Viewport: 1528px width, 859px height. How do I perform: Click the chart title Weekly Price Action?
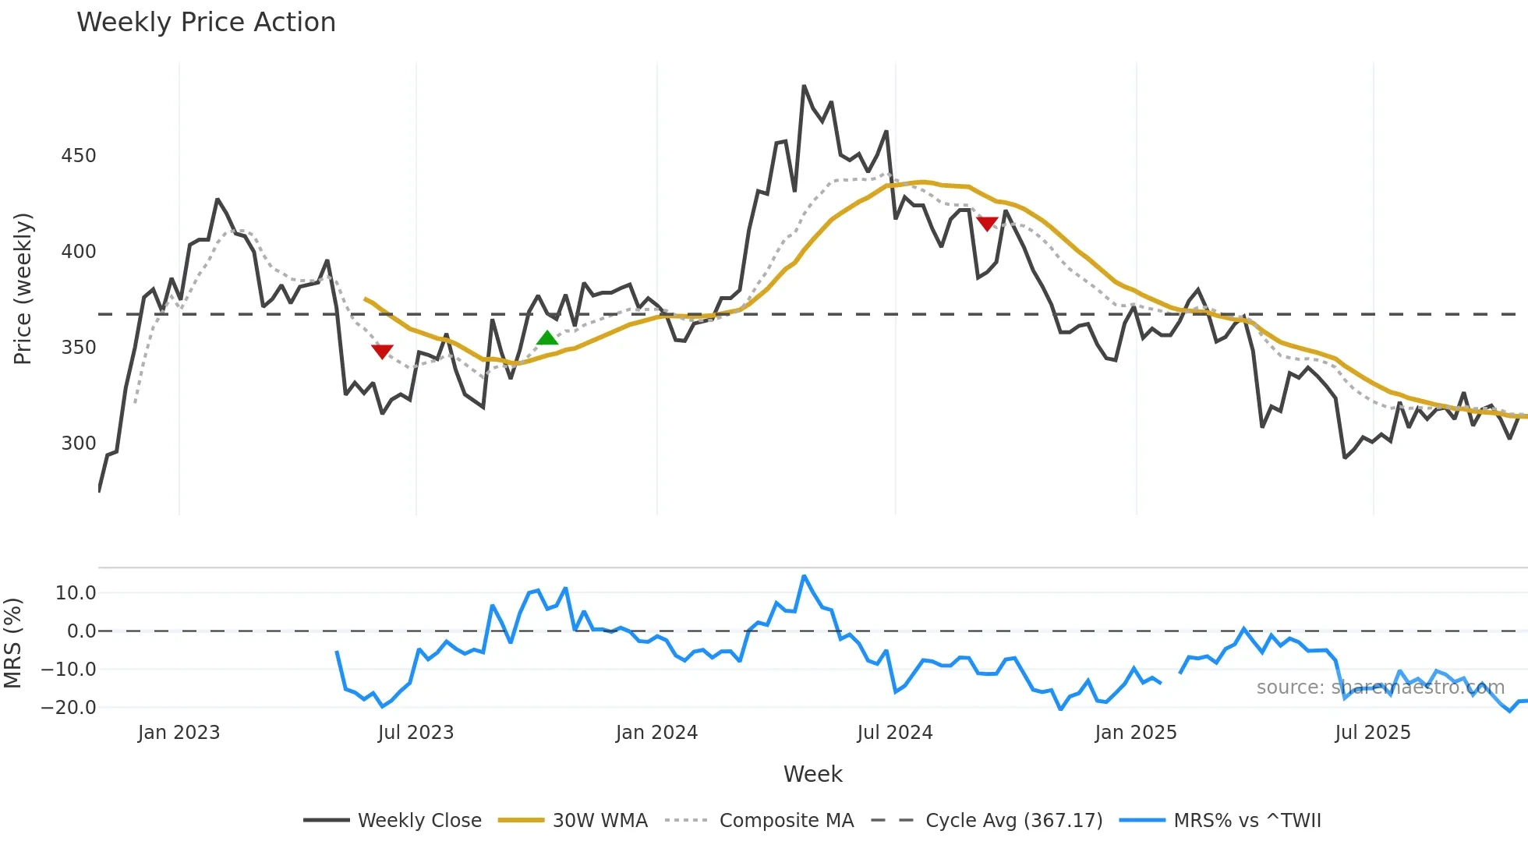click(x=206, y=23)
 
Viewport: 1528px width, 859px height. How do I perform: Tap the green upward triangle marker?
click(x=547, y=338)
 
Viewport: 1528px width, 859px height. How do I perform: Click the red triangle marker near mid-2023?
click(x=382, y=352)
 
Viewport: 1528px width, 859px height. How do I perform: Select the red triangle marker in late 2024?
click(x=987, y=224)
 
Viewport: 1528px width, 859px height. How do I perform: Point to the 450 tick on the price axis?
click(x=79, y=156)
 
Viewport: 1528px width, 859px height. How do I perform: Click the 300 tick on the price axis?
click(x=79, y=444)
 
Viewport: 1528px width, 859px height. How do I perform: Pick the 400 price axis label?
click(x=79, y=252)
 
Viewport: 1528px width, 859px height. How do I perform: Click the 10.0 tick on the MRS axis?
click(x=76, y=593)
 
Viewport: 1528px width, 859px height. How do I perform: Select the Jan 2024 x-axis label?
click(x=656, y=733)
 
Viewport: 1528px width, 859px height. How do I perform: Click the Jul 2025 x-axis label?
click(x=1373, y=733)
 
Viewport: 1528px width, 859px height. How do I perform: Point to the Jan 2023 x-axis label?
click(x=179, y=733)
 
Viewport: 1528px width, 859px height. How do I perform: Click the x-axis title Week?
click(x=812, y=774)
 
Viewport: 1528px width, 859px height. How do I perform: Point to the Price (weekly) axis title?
click(x=23, y=288)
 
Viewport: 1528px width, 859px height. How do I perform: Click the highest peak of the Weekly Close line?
click(x=804, y=87)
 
